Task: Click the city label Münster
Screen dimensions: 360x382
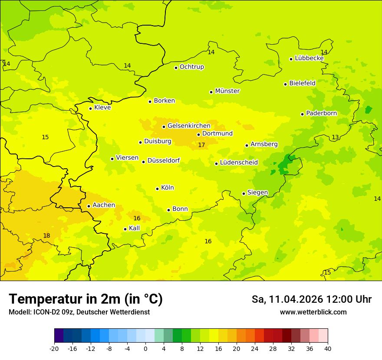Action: tap(227, 91)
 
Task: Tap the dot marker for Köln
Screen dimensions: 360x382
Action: tap(158, 189)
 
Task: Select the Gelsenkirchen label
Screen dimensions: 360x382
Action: tap(189, 126)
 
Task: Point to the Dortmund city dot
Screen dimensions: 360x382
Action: tap(198, 134)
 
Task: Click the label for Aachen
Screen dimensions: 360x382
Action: tap(104, 205)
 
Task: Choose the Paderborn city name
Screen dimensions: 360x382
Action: tap(321, 113)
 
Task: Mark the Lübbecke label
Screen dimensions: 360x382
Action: tap(309, 58)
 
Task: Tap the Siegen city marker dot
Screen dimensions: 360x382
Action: tap(244, 193)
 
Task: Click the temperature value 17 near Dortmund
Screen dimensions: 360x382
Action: tap(201, 145)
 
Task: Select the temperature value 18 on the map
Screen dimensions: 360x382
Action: tap(46, 236)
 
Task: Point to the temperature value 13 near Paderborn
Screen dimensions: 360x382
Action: tap(335, 137)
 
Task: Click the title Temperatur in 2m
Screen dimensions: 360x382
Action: tap(86, 299)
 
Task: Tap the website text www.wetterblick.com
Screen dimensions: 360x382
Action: tap(313, 312)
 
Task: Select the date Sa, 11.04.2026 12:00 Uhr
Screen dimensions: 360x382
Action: tap(311, 299)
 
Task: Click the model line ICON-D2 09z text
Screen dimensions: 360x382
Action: tap(79, 312)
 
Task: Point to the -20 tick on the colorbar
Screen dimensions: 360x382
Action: tap(54, 348)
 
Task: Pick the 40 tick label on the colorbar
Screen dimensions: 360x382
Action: tap(328, 348)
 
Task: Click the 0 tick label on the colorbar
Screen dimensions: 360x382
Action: tap(145, 348)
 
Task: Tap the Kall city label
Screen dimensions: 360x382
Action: tap(134, 228)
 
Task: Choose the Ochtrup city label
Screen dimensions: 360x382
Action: tap(191, 67)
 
